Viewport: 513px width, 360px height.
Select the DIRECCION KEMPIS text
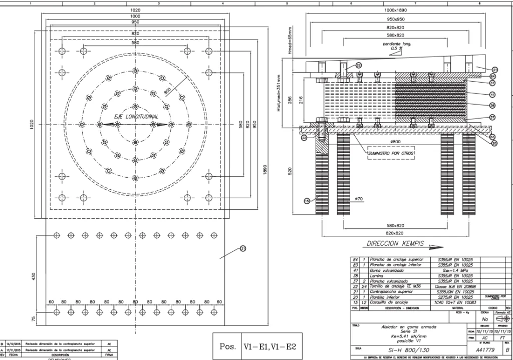(395, 244)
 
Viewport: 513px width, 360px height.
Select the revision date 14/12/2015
(14, 344)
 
